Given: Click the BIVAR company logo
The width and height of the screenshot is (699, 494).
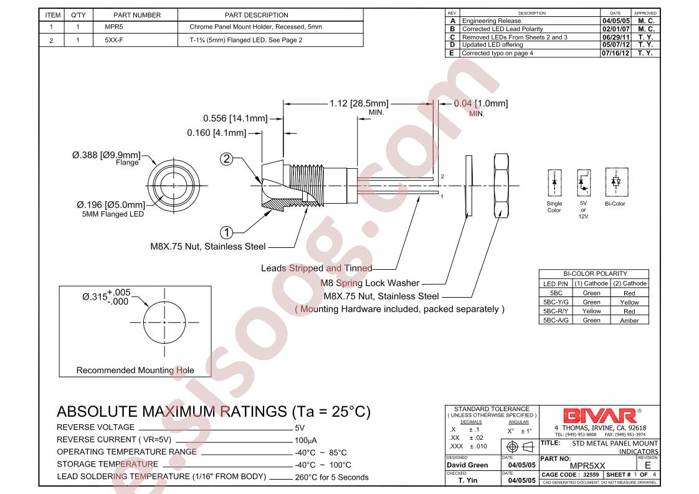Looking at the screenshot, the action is (599, 416).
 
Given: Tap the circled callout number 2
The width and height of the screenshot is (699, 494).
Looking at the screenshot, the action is (227, 159).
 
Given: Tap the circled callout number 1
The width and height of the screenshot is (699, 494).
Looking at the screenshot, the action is (227, 232).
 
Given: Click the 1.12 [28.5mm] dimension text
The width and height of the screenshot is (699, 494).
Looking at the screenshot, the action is (359, 103).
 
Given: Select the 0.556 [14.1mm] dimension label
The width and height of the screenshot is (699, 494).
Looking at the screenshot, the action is (235, 118).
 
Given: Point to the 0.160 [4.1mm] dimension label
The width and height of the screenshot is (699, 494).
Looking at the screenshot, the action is (217, 133).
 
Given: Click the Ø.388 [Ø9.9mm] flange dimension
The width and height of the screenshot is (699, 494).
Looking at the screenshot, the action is (106, 155).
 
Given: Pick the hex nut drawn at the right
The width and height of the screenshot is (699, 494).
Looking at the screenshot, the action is (502, 186).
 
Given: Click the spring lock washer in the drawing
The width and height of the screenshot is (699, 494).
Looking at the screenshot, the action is (468, 186).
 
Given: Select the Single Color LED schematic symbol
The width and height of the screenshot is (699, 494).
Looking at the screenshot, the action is (554, 183).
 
